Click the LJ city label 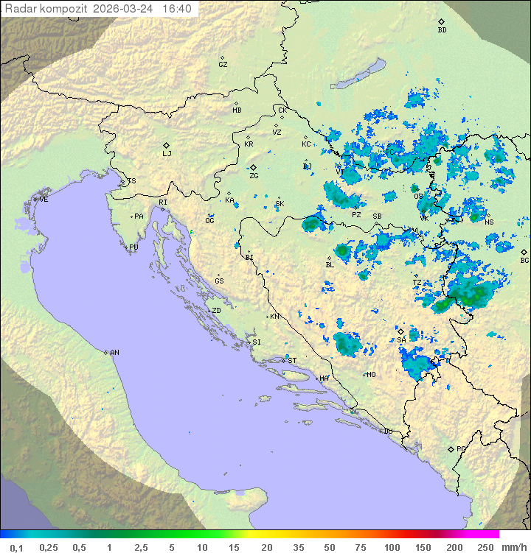click(167, 153)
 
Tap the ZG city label click(254, 176)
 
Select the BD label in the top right click(442, 30)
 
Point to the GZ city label click(223, 64)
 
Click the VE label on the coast click(44, 200)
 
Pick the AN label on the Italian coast click(114, 353)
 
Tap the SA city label click(401, 339)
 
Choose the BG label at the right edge click(524, 260)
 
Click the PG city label click(461, 448)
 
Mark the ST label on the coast click(292, 360)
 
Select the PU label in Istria click(133, 247)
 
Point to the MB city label click(237, 110)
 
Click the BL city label click(330, 265)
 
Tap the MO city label click(371, 374)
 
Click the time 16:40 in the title click(177, 9)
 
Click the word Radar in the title click(20, 9)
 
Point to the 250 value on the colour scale click(485, 547)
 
